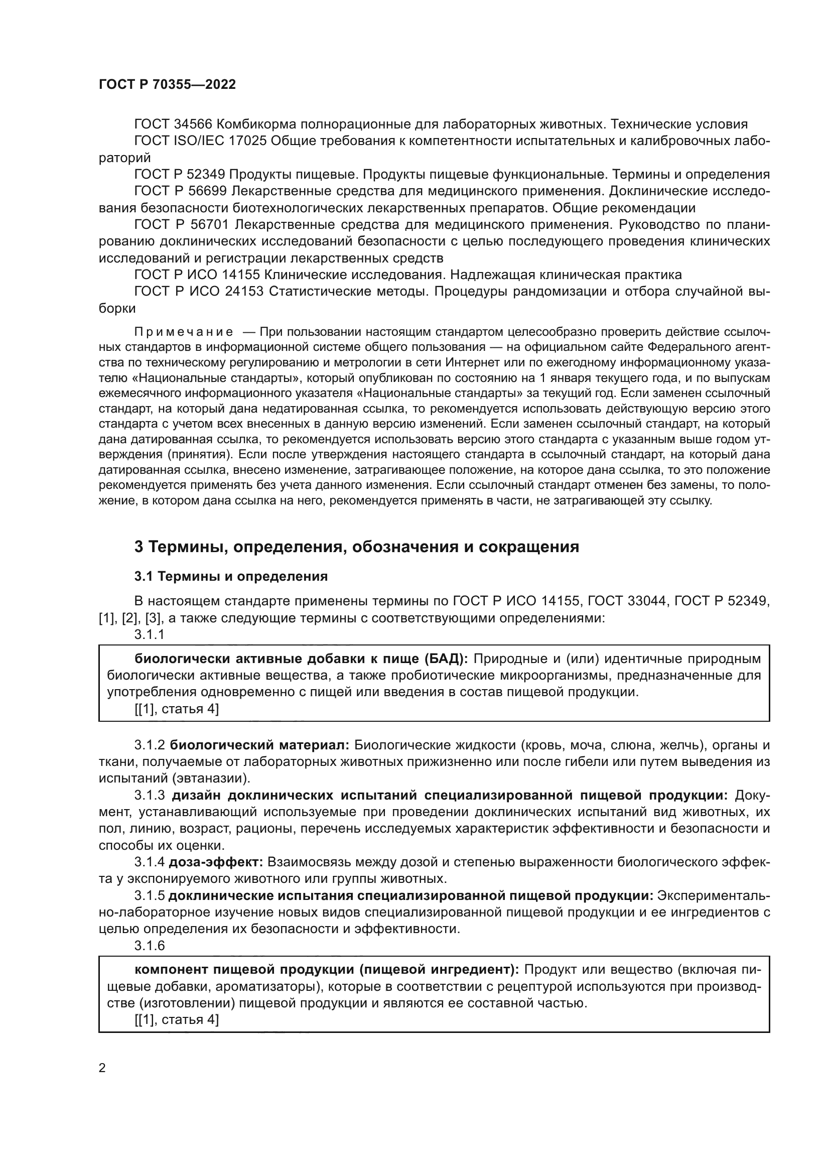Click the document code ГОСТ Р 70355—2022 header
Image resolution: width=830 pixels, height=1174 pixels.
pos(167,84)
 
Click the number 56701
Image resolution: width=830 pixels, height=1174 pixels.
pos(206,224)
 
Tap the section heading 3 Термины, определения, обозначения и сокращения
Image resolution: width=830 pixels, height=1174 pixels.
pos(356,547)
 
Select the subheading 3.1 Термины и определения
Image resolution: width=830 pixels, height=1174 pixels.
pos(230,576)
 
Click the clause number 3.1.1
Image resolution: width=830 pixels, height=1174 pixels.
pos(150,634)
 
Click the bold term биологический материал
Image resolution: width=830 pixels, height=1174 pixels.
pos(259,745)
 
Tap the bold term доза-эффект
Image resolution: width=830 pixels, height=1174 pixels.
pos(216,862)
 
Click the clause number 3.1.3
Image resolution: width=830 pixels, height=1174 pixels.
pos(150,796)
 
